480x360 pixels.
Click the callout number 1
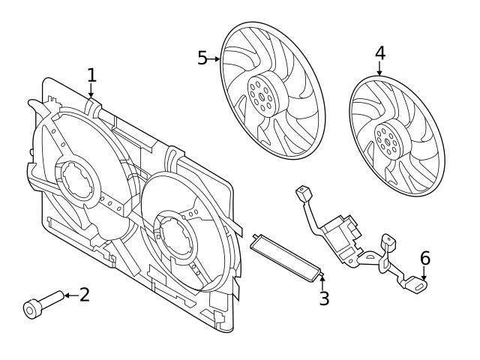[91, 75]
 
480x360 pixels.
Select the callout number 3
[323, 298]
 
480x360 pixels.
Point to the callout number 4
[379, 53]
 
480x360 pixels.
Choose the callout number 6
[425, 259]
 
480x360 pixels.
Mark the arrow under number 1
[91, 91]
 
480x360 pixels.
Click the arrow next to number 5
[215, 58]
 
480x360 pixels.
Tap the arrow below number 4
[379, 70]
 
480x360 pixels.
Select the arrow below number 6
[424, 275]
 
